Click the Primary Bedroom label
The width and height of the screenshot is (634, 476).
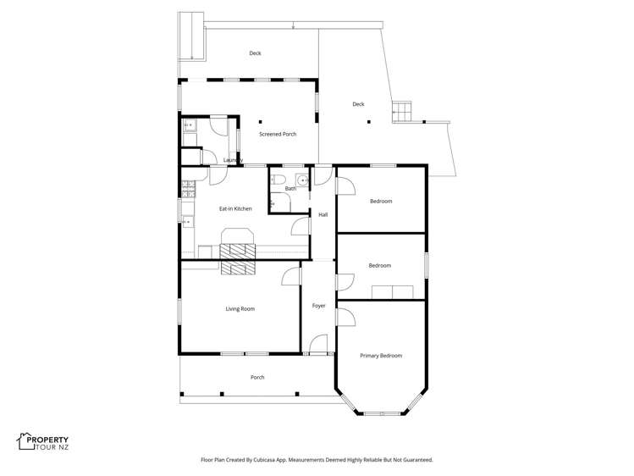(381, 356)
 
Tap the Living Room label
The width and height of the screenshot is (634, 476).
(240, 309)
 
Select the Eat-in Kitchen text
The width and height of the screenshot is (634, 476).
(235, 208)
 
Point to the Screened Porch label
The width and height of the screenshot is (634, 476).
(277, 134)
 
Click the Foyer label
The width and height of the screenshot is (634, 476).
(318, 306)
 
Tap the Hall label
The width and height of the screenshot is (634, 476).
(323, 215)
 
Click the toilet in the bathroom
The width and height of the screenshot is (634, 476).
(285, 179)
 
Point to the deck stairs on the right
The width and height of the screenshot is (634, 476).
(404, 111)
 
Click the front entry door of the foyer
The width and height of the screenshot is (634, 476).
(319, 344)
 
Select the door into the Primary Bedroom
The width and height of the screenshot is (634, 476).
(345, 317)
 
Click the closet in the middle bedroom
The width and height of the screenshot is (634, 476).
(390, 292)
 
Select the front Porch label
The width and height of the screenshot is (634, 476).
(257, 377)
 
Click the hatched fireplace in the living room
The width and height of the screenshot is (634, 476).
(237, 267)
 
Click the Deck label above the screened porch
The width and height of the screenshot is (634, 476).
(255, 53)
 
